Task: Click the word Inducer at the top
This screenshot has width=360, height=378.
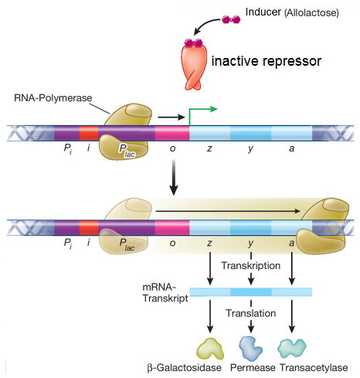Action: point(263,12)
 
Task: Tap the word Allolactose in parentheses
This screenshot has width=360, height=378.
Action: point(311,12)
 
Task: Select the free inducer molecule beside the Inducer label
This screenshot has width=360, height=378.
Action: point(231,19)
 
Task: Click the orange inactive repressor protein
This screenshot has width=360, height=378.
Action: point(194,66)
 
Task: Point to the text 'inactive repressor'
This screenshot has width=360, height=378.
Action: point(267,61)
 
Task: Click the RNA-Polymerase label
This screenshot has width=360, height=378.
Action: point(53,98)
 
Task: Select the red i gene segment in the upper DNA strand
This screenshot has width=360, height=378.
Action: point(89,133)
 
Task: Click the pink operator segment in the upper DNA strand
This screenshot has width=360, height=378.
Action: point(172,133)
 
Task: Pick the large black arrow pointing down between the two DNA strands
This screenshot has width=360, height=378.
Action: point(174,177)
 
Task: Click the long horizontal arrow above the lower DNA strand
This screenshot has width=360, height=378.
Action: point(228,211)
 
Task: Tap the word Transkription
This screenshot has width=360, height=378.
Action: point(251,266)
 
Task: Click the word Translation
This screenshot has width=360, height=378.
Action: point(251,313)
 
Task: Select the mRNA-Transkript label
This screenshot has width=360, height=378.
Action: point(165,292)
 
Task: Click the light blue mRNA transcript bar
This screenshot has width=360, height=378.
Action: point(251,292)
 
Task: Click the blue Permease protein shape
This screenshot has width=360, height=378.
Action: point(250,349)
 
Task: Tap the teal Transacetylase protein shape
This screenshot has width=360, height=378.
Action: point(291,348)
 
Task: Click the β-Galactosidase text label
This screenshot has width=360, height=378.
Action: point(185,368)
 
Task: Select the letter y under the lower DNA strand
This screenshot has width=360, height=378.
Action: point(250,243)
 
